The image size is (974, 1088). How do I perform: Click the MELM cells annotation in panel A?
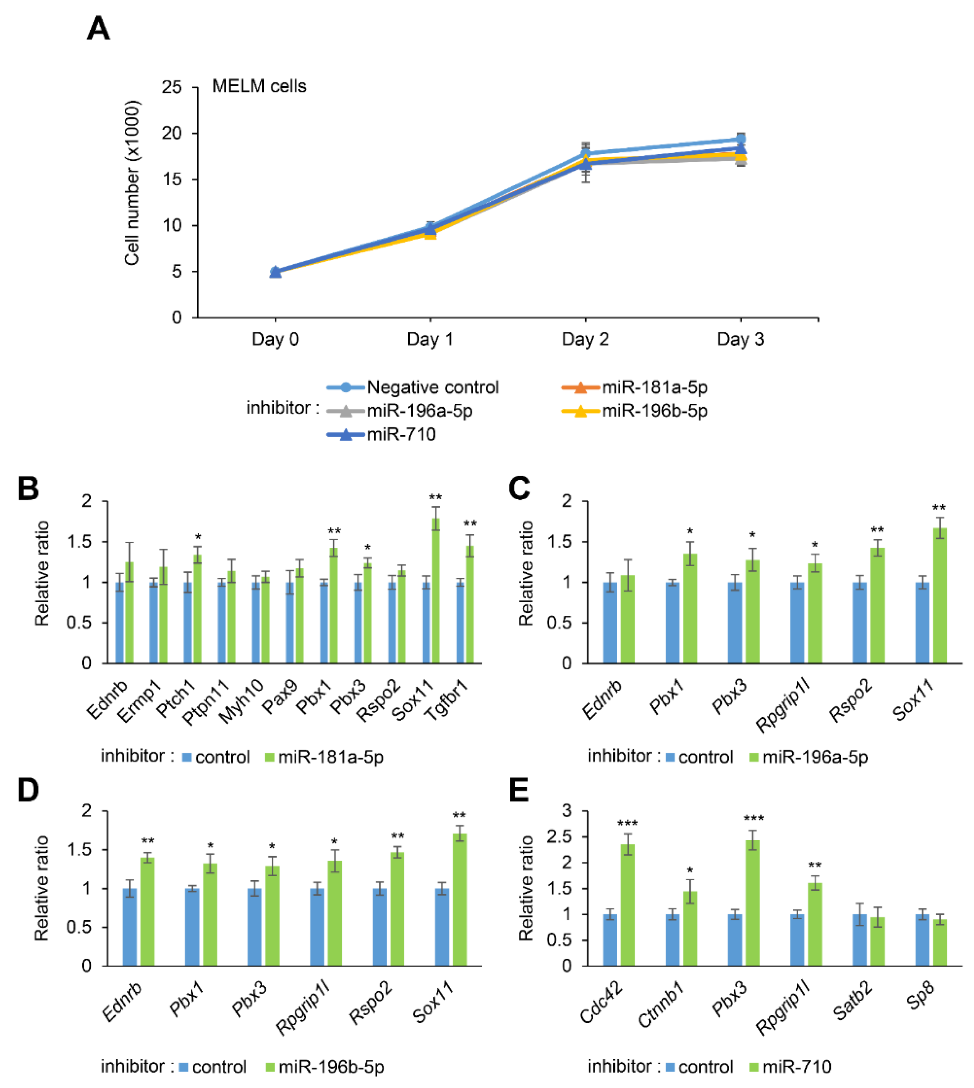(259, 86)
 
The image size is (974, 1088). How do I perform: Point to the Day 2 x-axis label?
(585, 339)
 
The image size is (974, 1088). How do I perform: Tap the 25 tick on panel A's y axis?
(172, 87)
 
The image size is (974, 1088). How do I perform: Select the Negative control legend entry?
(432, 387)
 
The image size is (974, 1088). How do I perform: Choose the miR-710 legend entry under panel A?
(401, 434)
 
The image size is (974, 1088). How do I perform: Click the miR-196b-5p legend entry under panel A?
(654, 411)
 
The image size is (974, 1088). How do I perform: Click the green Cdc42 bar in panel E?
(627, 904)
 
